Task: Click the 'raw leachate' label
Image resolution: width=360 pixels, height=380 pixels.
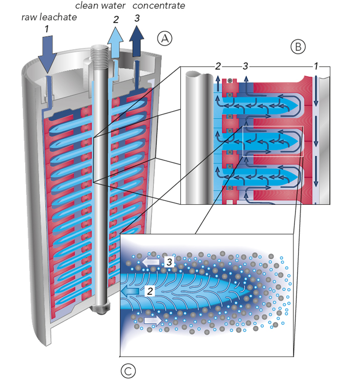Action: click(x=49, y=17)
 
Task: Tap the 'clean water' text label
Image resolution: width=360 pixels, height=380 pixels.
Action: click(x=100, y=6)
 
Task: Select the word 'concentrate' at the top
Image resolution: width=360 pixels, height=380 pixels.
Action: click(x=159, y=6)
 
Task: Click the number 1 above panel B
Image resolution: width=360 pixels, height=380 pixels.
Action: click(x=316, y=66)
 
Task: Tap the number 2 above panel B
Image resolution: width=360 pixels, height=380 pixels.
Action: click(x=218, y=66)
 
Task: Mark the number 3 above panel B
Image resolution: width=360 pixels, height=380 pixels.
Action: click(x=245, y=66)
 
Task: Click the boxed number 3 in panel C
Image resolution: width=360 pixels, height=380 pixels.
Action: click(x=168, y=262)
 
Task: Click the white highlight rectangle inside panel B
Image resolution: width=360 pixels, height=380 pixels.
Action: click(x=272, y=141)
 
